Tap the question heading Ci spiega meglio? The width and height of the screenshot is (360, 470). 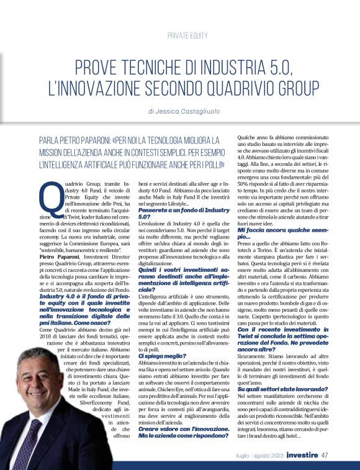click(x=161, y=356)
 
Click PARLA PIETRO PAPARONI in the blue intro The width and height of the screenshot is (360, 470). click(x=75, y=142)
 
